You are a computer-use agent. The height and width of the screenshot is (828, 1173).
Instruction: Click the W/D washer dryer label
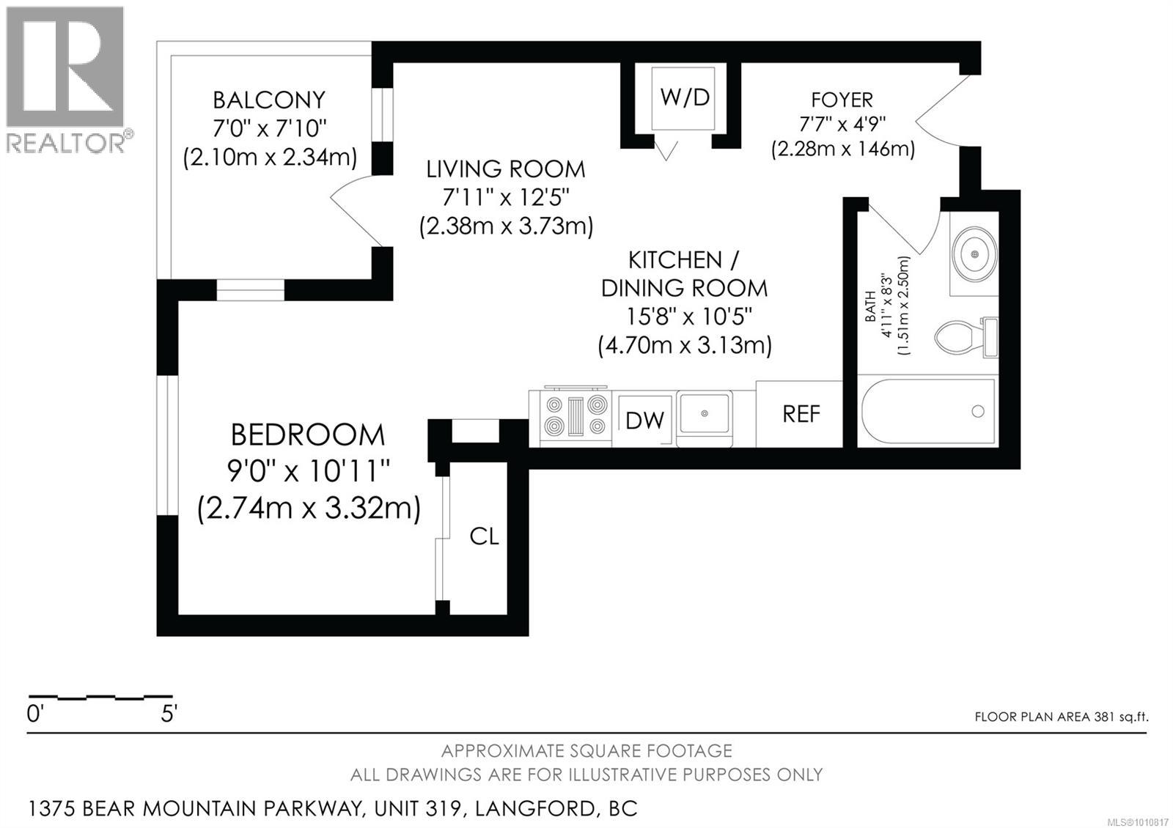pos(685,97)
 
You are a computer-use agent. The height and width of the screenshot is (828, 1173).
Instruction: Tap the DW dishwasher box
pos(644,420)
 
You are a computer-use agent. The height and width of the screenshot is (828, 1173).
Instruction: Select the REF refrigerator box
pos(801,414)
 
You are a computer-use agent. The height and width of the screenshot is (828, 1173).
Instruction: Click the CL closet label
pos(484,536)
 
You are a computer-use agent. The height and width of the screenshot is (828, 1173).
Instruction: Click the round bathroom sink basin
pos(974,254)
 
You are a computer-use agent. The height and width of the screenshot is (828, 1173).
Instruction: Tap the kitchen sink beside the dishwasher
pos(705,415)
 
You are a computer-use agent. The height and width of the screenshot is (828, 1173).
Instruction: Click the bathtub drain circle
pos(977,412)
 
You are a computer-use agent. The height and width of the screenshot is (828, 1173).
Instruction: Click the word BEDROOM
pos(307,435)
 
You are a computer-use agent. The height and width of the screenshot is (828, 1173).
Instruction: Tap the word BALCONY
pos(268,100)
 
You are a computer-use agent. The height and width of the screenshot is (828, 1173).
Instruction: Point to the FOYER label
pos(842,100)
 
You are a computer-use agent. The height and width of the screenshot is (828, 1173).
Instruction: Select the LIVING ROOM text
pos(506,169)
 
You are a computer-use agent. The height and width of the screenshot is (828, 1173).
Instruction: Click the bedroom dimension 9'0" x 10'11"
pos(307,471)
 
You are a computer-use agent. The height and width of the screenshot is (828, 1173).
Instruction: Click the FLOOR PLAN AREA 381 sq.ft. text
pos(1061,717)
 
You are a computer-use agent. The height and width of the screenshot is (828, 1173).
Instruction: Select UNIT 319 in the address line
pos(419,809)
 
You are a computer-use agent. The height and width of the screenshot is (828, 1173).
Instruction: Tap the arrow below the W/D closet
pos(666,151)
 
